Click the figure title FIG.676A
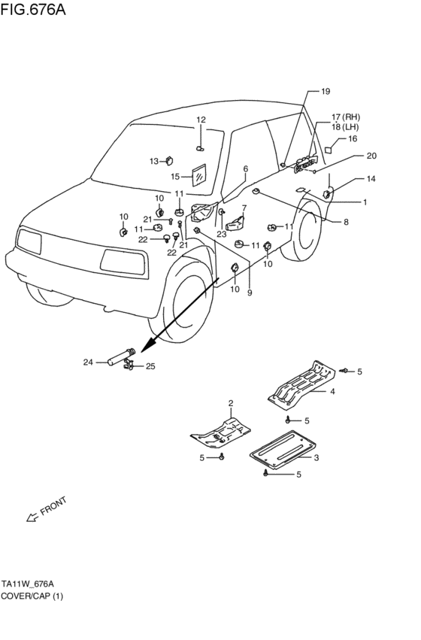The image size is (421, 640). (x=32, y=9)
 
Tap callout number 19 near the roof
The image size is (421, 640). (x=325, y=92)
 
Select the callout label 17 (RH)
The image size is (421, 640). (x=346, y=117)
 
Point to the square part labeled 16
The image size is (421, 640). (x=328, y=150)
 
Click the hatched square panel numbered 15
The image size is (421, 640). (x=199, y=175)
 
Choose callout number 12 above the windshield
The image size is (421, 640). (x=201, y=120)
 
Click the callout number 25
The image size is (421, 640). (x=150, y=366)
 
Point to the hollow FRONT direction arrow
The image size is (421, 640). (x=32, y=517)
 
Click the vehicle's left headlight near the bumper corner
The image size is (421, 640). (x=29, y=241)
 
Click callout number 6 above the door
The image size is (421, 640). (x=246, y=168)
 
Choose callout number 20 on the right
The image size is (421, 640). (x=371, y=156)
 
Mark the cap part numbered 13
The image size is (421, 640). (x=169, y=161)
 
